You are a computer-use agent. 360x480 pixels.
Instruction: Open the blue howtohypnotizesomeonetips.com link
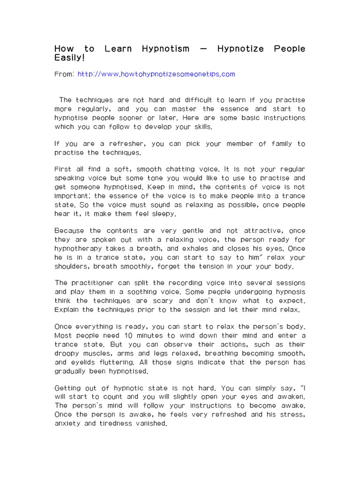(156, 74)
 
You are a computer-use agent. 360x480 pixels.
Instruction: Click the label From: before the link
(64, 74)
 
